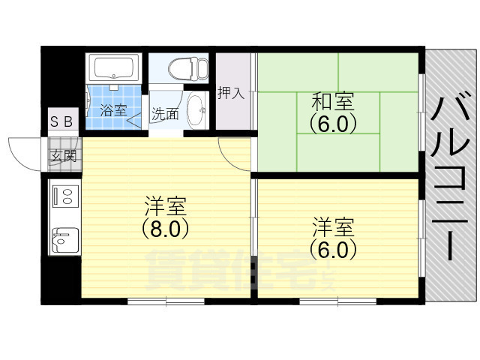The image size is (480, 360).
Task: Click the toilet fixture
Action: [184, 69]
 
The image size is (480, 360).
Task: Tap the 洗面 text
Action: [165, 115]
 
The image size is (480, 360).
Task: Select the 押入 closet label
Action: [231, 94]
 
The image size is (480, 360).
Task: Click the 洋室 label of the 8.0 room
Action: [166, 205]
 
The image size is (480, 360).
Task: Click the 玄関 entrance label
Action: [63, 156]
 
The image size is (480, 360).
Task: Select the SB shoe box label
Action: [62, 121]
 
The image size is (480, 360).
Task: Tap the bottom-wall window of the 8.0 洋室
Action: [166, 301]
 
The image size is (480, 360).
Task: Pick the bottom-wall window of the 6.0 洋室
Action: [338, 301]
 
